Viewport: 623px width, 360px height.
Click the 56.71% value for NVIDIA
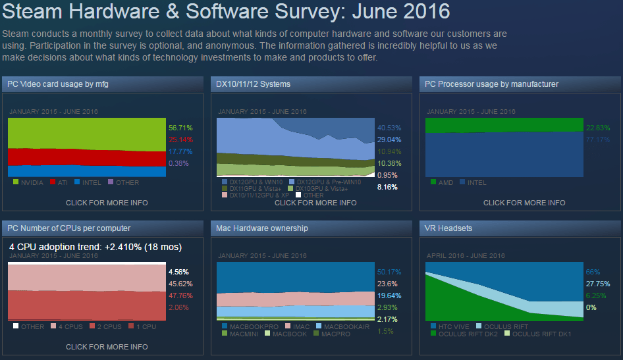(x=180, y=128)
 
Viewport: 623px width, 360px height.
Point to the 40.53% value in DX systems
(x=389, y=128)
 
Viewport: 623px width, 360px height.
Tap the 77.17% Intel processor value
(x=597, y=140)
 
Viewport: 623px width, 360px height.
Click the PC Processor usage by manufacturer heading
(x=491, y=84)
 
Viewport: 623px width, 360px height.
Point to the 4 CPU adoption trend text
(x=95, y=247)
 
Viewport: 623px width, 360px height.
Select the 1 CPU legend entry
(x=144, y=326)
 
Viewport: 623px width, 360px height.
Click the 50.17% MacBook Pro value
(x=389, y=272)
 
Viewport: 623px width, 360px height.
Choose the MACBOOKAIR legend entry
(x=348, y=326)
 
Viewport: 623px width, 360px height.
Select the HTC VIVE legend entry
(x=455, y=326)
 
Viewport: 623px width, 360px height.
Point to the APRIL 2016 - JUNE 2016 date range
(x=465, y=255)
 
